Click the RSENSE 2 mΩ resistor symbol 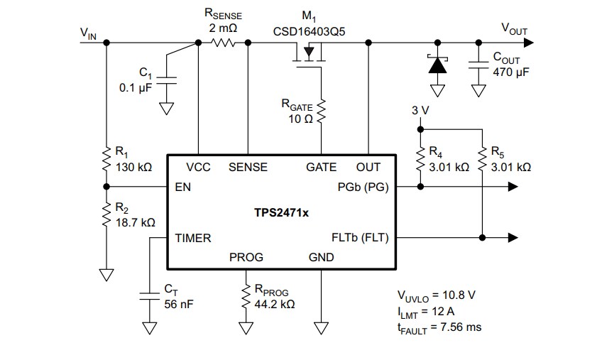click(223, 43)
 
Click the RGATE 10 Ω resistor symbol click(321, 109)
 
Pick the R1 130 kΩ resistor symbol click(106, 160)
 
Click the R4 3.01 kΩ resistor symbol click(420, 160)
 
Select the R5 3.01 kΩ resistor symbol click(482, 160)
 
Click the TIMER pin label click(193, 239)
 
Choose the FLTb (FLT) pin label click(361, 238)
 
